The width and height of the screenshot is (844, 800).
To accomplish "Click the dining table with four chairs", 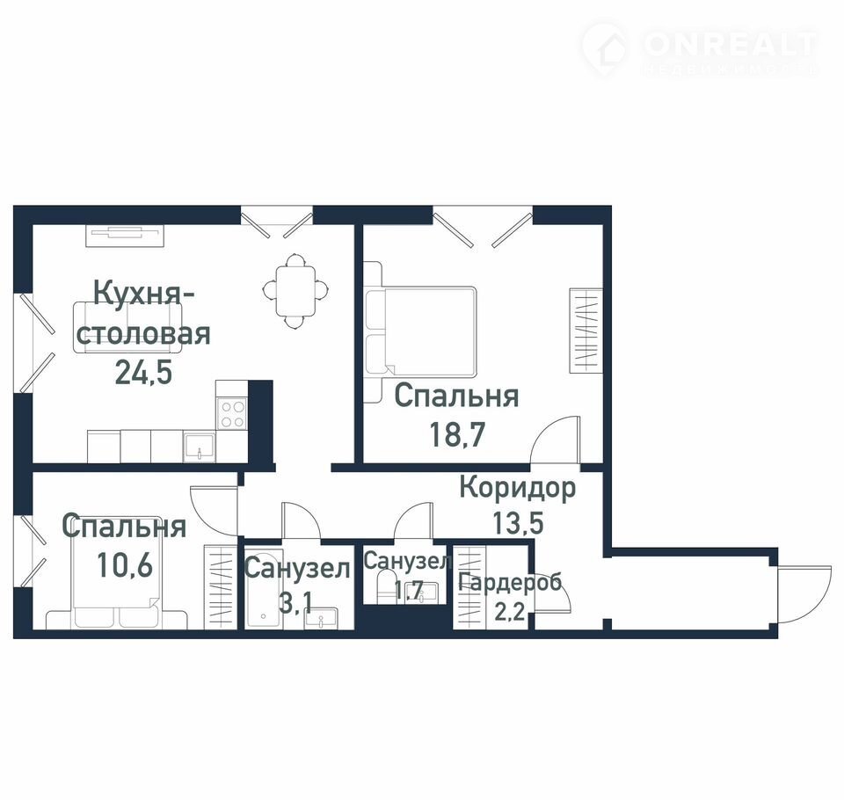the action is click(295, 291).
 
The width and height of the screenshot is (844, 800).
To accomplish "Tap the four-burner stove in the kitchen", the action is click(232, 413).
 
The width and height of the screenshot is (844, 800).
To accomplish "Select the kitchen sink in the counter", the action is click(200, 447).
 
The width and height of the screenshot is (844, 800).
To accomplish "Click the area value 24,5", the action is click(143, 372).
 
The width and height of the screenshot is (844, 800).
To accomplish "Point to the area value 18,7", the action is click(457, 434).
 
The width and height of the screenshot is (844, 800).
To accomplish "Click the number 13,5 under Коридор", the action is click(518, 521).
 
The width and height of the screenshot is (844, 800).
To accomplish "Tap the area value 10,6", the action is click(125, 564).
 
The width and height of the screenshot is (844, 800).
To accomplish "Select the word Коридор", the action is click(517, 489).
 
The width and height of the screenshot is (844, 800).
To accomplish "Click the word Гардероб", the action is click(510, 583).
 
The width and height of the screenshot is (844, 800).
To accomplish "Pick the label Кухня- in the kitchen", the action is click(143, 294).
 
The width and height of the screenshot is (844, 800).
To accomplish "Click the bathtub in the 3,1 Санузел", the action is click(263, 590).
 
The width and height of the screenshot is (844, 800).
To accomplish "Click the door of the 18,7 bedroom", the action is click(555, 439).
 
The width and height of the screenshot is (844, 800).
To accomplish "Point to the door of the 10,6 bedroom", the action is click(214, 511).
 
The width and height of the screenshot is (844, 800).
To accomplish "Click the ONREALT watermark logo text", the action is click(730, 45).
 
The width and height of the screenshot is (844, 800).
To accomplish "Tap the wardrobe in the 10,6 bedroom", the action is click(220, 586).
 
